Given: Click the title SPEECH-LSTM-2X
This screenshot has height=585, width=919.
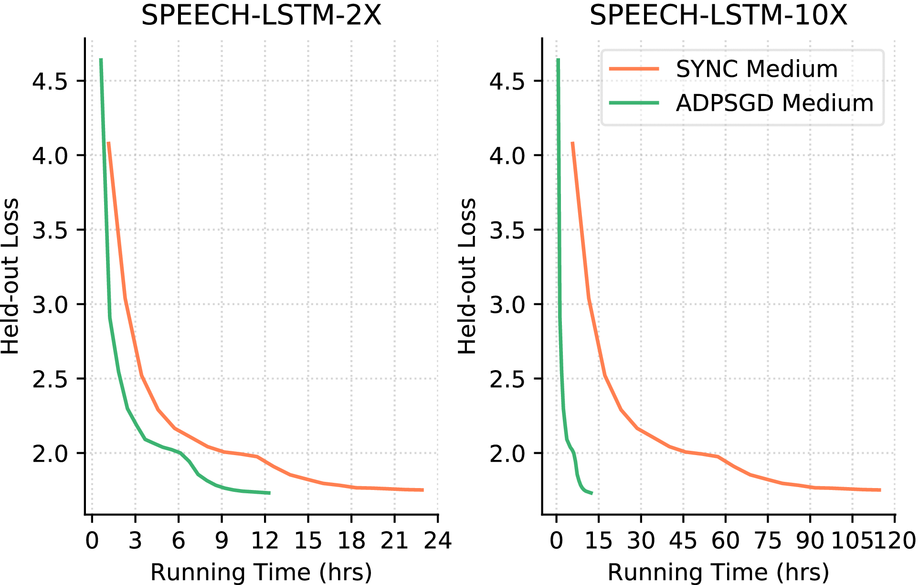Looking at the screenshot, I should pos(261,16).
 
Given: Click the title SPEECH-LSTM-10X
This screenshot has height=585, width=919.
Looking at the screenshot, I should pos(718,16).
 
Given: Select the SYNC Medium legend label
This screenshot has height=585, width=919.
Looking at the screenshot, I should pos(757,69).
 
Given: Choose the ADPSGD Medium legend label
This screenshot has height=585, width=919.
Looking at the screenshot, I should pos(774,103).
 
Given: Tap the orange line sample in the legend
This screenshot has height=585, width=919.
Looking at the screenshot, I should pos(634,69).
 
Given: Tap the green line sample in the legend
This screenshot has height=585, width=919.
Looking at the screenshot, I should pos(634,103).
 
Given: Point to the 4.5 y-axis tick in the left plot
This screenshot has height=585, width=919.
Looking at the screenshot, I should pos(50,81).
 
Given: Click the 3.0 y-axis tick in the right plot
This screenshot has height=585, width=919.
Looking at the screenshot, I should pos(507,305).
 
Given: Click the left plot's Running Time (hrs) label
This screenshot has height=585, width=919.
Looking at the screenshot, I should pos(261,572).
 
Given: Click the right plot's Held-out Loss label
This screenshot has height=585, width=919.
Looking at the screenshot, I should pos(467,276).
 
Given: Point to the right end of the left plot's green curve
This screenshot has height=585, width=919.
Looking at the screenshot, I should pos(270,493).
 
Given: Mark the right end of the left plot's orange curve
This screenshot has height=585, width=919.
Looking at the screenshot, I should pos(423,490).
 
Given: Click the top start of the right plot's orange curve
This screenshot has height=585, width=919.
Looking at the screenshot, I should pos(572,142).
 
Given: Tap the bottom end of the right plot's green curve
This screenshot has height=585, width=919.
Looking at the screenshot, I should pos(592,493).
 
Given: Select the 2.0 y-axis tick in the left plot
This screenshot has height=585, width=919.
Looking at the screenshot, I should pos(50,454).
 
